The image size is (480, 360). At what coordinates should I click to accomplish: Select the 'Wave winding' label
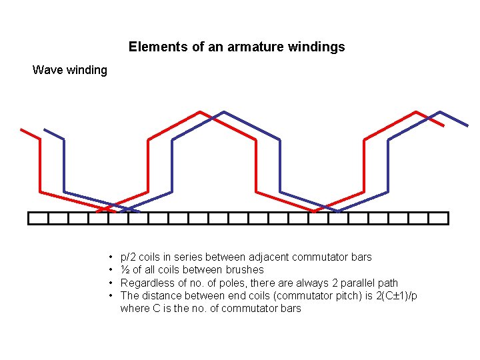coord(70,70)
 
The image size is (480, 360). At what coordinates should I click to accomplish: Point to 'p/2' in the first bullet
coord(128,257)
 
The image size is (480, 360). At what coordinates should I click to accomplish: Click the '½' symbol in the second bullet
coord(124,270)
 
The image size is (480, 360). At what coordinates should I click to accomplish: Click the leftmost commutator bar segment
coord(39,218)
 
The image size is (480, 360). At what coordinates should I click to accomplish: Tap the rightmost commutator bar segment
coord(439,218)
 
